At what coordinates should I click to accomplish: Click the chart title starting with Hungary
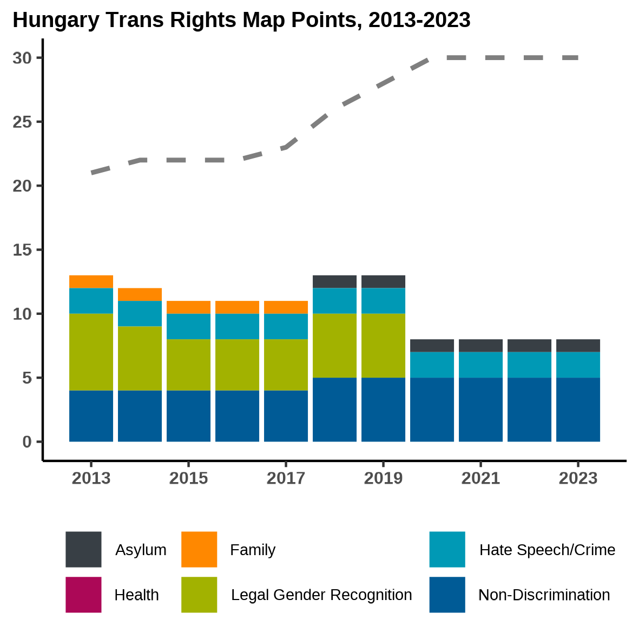(241, 21)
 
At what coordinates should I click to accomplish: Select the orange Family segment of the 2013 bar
(91, 281)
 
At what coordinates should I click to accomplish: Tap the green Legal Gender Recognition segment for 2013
(91, 352)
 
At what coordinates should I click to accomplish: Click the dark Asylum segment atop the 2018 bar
(334, 281)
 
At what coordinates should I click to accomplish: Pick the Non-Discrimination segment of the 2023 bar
(578, 410)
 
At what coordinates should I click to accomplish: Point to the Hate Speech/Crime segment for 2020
(432, 365)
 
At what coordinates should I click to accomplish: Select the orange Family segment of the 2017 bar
(286, 307)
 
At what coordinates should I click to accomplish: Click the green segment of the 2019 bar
(383, 345)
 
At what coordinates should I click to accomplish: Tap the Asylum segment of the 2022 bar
(529, 345)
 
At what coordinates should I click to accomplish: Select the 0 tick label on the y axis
(27, 442)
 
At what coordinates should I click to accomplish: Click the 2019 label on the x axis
(383, 478)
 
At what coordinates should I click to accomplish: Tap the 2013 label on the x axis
(91, 478)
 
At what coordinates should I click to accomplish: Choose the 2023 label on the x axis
(578, 478)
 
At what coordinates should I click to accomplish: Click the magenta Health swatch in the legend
(83, 595)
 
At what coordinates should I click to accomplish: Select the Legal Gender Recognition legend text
(321, 595)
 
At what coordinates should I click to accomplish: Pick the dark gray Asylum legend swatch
(83, 549)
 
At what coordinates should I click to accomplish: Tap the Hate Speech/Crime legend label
(547, 550)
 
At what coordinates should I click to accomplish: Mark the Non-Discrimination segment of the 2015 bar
(188, 416)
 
